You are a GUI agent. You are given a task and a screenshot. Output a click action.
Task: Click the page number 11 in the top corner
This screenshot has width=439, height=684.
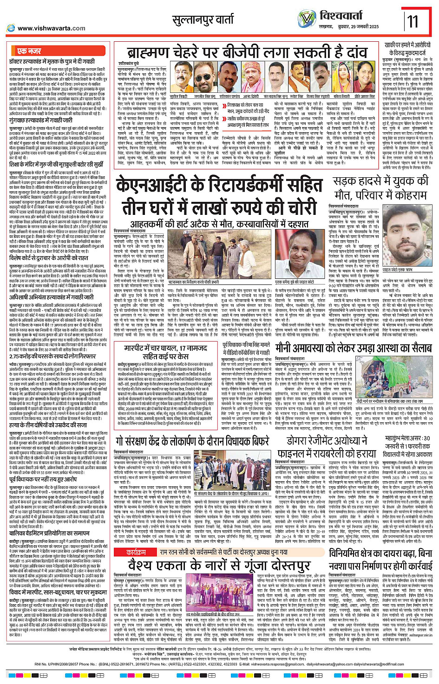tap(413, 21)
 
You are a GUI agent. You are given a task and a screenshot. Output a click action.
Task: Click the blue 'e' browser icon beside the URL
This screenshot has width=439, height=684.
tap(11, 28)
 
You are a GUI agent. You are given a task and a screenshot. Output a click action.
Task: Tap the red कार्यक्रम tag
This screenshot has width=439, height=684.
tap(137, 553)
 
